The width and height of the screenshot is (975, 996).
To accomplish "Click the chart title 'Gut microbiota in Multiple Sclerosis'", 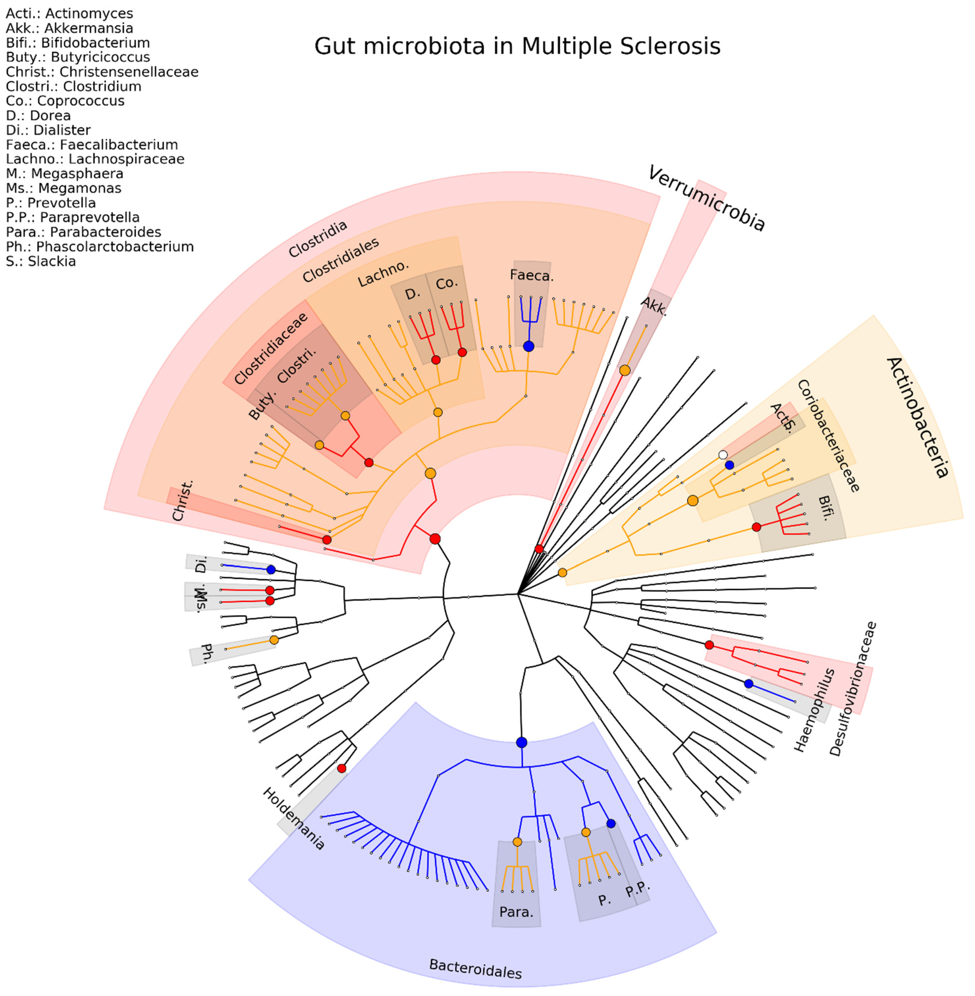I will tap(517, 46).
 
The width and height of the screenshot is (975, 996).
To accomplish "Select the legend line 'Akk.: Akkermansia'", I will tap(70, 28).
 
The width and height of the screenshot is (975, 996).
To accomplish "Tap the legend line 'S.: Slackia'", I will tap(41, 261).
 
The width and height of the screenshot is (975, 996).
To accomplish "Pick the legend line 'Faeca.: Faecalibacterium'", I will tap(92, 145).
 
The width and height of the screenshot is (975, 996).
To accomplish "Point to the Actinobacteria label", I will tap(917, 417).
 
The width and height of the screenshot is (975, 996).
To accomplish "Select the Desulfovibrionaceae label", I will tap(853, 689).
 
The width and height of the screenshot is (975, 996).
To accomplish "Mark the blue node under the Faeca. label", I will tap(529, 346).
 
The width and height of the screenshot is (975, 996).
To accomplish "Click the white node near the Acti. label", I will tap(723, 454).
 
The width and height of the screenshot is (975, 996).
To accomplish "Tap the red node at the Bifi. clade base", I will tap(756, 527).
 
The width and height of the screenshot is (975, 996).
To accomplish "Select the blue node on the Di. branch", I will tap(271, 570).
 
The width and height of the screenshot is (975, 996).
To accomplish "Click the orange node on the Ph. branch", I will tap(274, 640).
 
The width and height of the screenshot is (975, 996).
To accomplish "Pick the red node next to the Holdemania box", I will tap(342, 768).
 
